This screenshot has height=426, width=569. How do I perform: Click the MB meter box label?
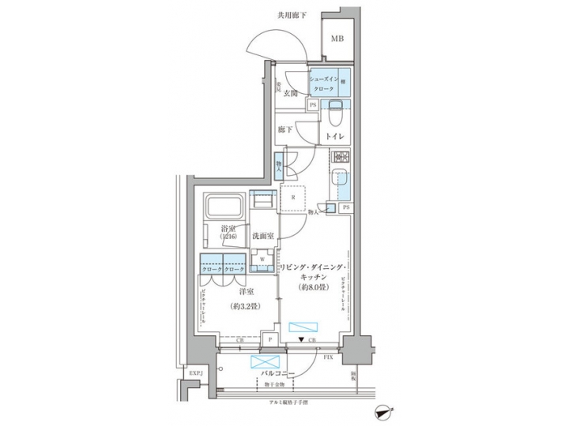point(337,39)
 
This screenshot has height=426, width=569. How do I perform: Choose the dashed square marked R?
point(294,199)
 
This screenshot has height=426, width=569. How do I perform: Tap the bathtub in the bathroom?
point(225,210)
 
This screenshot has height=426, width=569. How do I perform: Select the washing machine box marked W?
point(262,258)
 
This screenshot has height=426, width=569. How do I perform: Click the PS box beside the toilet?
point(314,105)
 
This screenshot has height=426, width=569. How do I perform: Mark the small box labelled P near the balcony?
point(271,339)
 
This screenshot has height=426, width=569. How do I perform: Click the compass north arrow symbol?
point(383,411)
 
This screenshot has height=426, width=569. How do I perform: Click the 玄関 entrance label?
point(290,93)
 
